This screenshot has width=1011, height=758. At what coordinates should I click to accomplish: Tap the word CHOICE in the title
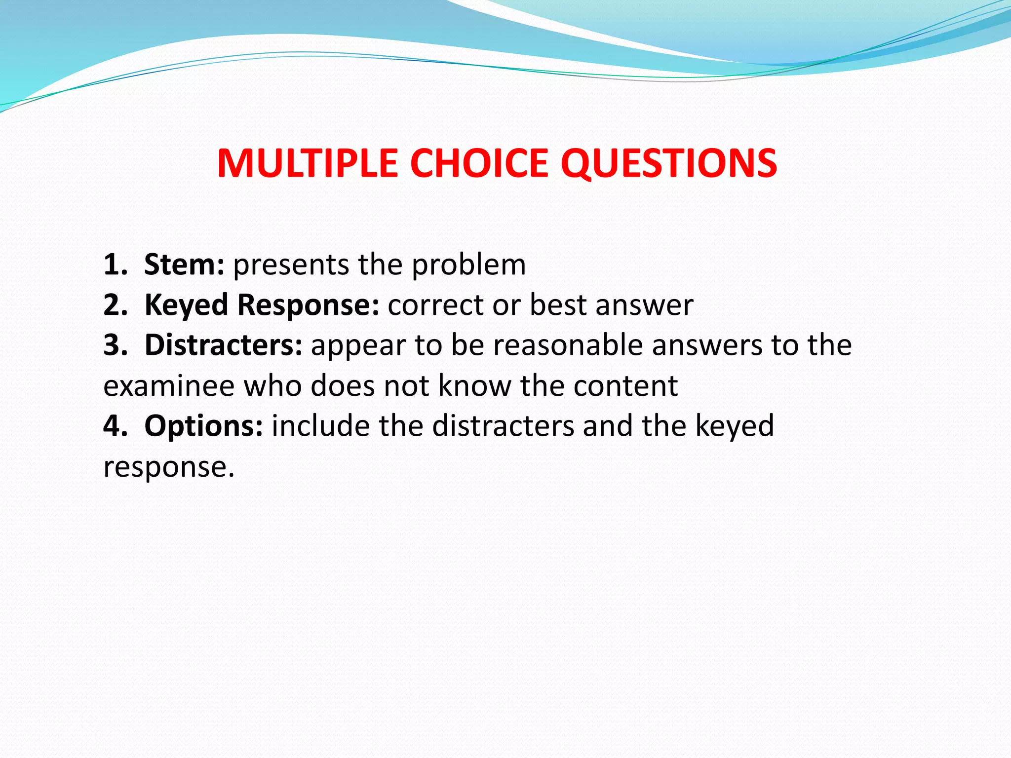479,163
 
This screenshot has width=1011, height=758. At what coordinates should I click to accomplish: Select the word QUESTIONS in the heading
669,163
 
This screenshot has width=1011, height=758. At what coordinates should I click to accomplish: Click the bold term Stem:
184,265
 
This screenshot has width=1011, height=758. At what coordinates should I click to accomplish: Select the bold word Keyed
186,305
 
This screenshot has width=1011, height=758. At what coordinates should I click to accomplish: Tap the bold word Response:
308,305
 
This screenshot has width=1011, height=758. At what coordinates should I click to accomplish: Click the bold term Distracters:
223,345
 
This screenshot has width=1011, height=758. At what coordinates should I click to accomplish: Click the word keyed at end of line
734,427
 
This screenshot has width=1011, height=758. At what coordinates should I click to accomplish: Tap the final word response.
168,467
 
